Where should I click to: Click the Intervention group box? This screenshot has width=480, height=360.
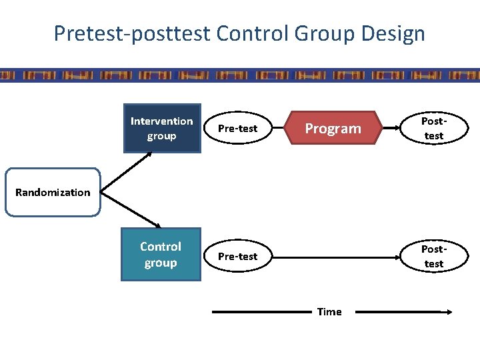coord(162,129)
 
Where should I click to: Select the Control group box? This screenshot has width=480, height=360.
coord(160,255)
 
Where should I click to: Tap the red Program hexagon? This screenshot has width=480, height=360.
coord(333,129)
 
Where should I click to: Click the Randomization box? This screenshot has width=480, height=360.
coord(53,193)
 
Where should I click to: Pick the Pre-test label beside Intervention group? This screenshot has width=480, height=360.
coord(238,129)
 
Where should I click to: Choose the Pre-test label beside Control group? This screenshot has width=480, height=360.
coord(238,257)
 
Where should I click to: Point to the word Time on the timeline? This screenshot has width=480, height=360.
coord(329,311)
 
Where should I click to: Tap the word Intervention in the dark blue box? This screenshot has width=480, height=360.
coord(162,121)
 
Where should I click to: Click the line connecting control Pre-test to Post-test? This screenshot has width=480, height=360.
coord(330,257)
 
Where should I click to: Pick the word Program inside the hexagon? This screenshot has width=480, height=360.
coord(333,129)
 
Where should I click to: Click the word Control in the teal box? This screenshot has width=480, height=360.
coord(160,247)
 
